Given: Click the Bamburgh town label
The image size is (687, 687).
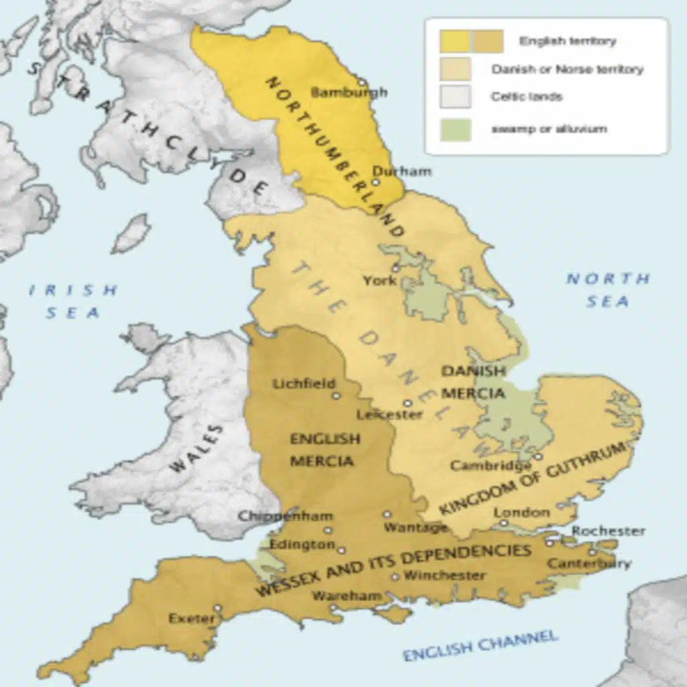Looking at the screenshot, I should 350,93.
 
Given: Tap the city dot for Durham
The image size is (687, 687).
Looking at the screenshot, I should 376,182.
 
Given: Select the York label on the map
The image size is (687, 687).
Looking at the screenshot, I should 380,280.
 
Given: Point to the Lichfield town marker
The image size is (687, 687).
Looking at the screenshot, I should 336,396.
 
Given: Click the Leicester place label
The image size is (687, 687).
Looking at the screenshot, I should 389,415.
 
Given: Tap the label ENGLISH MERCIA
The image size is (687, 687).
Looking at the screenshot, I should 325,450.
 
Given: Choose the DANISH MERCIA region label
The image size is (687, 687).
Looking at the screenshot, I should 473,382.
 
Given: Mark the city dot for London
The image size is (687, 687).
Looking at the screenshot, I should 504,523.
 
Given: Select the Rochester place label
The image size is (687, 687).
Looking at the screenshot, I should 609,531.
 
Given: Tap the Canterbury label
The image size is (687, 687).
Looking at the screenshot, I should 589,564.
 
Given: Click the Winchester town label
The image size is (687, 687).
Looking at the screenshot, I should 444,575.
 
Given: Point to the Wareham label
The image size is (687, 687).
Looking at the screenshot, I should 347,595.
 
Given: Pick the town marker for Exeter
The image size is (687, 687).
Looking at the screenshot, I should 217,608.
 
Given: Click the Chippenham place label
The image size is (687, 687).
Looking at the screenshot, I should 276,516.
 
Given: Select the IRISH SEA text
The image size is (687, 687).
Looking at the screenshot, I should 73,301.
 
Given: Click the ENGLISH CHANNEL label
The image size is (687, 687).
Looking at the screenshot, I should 480,645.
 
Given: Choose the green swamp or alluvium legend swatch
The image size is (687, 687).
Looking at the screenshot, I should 456,129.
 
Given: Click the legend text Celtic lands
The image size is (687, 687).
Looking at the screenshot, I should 526,97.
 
